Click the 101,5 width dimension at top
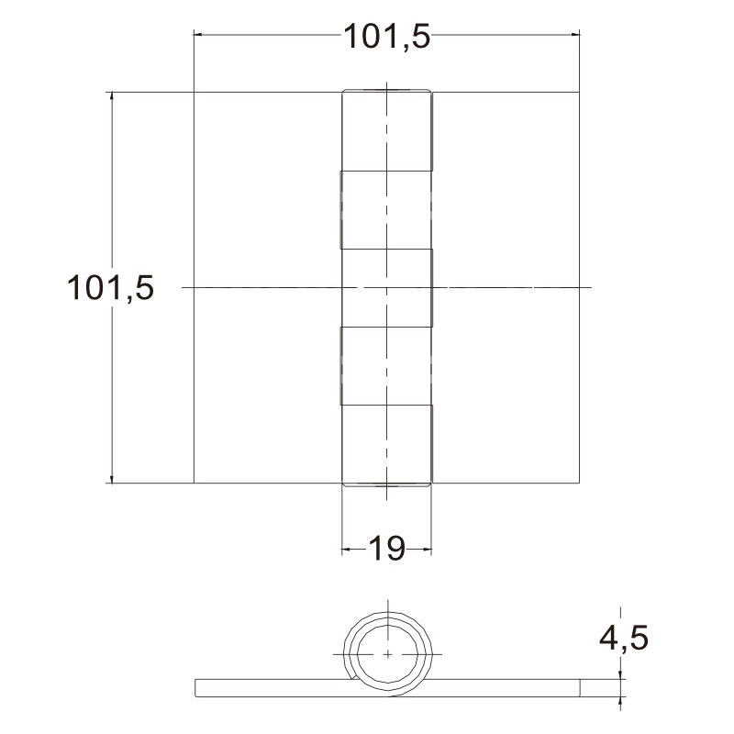click(x=386, y=37)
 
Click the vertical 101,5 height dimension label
click(x=110, y=287)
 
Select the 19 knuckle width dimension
click(x=386, y=549)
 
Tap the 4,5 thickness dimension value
click(x=624, y=637)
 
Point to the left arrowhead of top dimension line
click(x=198, y=34)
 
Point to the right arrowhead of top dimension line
click(x=575, y=34)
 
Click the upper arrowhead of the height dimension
click(x=111, y=97)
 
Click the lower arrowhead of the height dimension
click(x=111, y=477)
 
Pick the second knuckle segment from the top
click(x=385, y=210)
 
